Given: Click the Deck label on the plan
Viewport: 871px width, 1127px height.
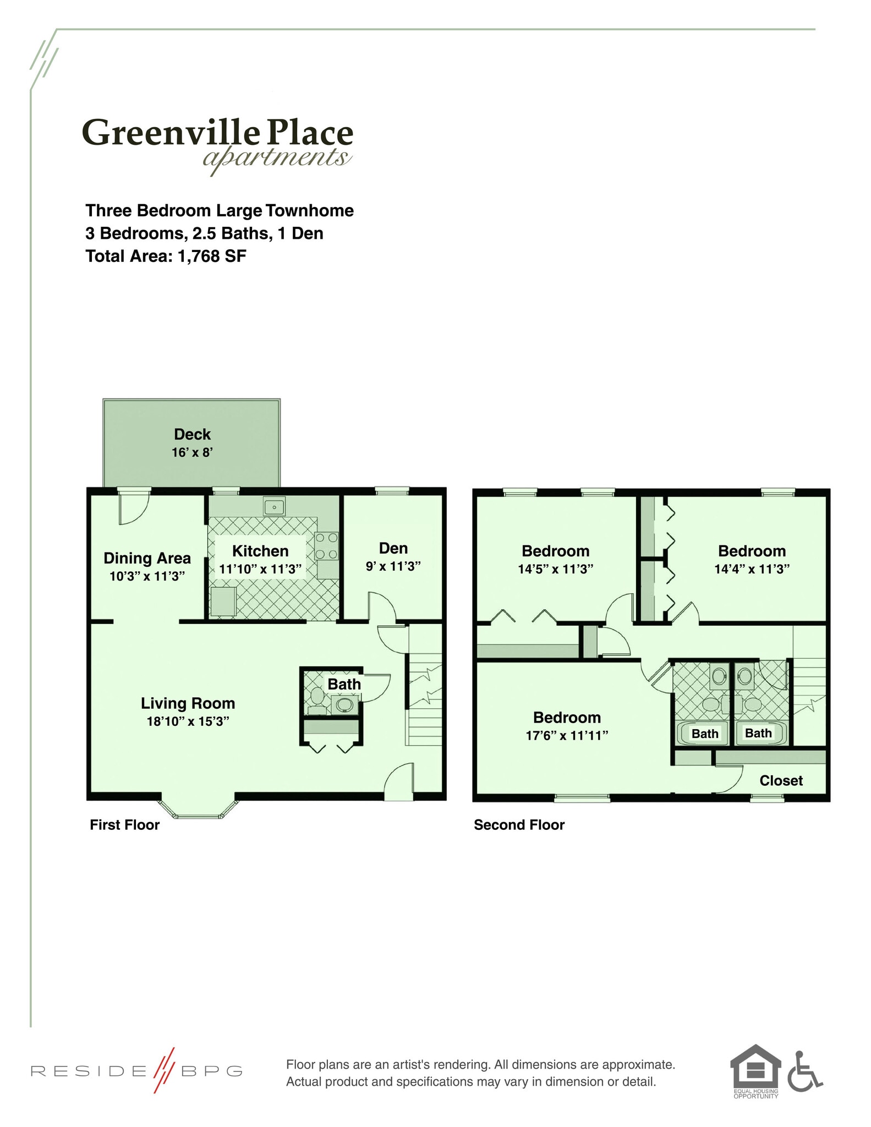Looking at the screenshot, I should coord(192,434).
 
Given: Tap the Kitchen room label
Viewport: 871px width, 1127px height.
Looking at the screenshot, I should coord(260,551).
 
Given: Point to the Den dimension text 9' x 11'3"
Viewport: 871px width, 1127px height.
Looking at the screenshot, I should coord(393,566).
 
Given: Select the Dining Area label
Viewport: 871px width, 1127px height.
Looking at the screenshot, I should coord(147,558).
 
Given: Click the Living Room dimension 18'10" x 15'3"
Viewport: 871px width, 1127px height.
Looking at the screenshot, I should coord(188,721).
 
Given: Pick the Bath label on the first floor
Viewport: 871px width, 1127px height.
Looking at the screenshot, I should coord(344,684).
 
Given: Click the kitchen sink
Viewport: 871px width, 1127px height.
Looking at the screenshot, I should coord(273,506).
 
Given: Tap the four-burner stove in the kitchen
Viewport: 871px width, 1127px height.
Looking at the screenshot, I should coord(326,546).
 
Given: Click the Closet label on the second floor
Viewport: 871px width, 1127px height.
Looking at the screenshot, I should coord(781,780).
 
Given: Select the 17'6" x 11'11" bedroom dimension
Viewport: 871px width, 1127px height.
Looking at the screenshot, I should coord(567,735).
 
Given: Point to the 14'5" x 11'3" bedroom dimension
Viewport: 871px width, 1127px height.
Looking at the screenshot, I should coord(555,569).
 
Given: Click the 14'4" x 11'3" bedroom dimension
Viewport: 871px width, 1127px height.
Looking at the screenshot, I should coord(752,569).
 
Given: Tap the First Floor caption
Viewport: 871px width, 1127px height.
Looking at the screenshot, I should coord(124,824).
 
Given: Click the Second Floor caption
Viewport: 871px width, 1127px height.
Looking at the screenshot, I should coord(519,824).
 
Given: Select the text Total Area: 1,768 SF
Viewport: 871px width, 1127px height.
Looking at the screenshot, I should coord(166,256).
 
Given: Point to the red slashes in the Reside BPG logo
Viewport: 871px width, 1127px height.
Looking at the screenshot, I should coord(163,1070).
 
